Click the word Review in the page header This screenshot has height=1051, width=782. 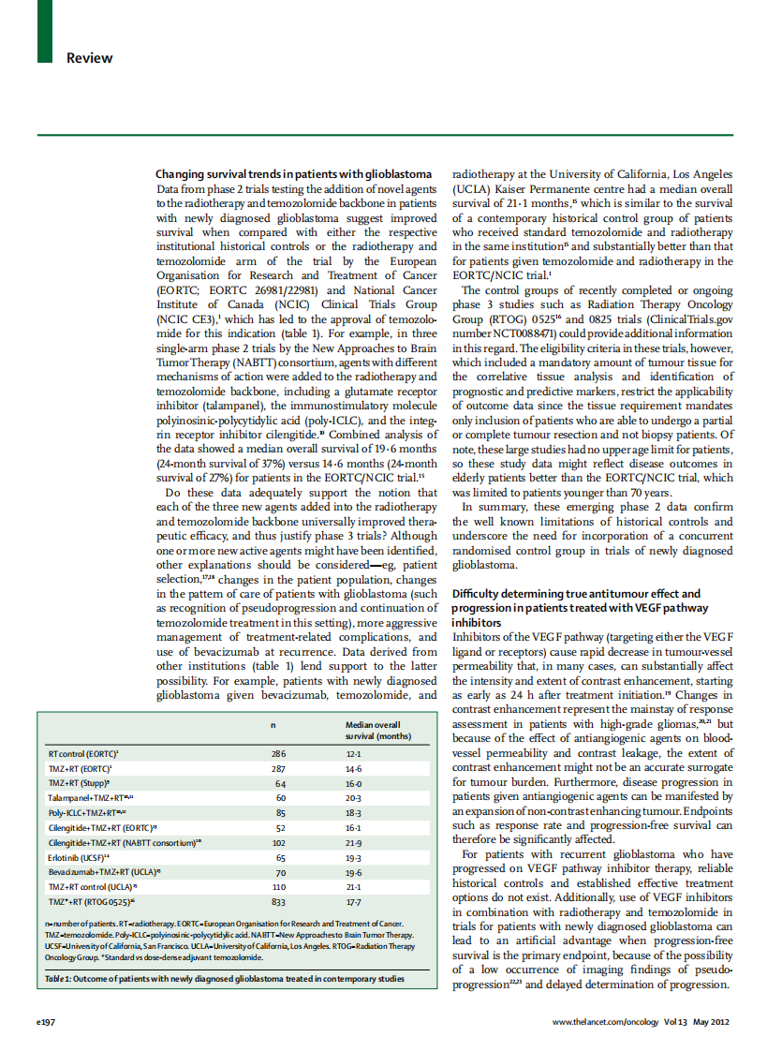point(89,58)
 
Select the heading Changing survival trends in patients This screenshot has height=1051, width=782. point(293,174)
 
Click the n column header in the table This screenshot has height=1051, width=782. point(273,725)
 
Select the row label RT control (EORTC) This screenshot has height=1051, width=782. point(83,753)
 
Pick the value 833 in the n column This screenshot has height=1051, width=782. point(278,903)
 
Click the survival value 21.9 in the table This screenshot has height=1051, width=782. point(353,843)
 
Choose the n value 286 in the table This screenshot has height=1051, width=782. point(278,753)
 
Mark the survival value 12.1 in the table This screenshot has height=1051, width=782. point(353,753)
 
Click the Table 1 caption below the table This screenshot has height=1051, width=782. point(225,979)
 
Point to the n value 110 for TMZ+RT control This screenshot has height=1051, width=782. point(278,888)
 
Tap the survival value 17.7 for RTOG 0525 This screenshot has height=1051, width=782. point(353,903)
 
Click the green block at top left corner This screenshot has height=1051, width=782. point(45,32)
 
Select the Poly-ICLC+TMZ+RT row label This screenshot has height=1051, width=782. point(87,813)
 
